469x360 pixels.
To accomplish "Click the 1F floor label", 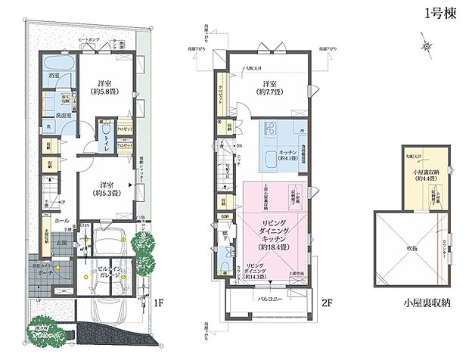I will click(160, 303).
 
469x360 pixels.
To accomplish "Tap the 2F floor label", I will click(327, 303).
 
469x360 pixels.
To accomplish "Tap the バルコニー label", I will click(270, 299).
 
